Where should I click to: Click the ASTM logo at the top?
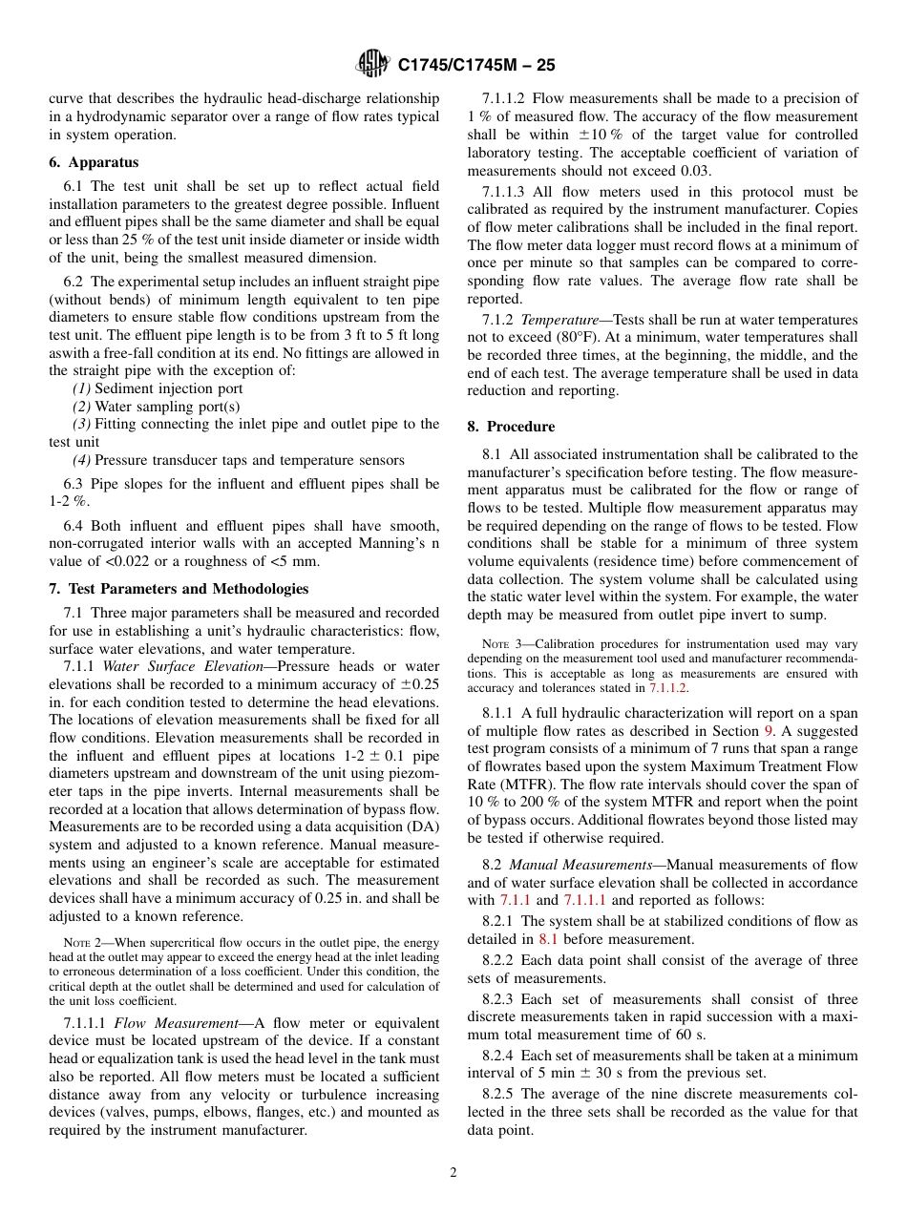coord(371,64)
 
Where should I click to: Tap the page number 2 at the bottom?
coord(453,1173)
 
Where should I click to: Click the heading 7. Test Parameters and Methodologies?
coord(179,588)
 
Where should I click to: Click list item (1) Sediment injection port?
coord(158,388)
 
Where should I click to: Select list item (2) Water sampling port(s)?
coord(157,407)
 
